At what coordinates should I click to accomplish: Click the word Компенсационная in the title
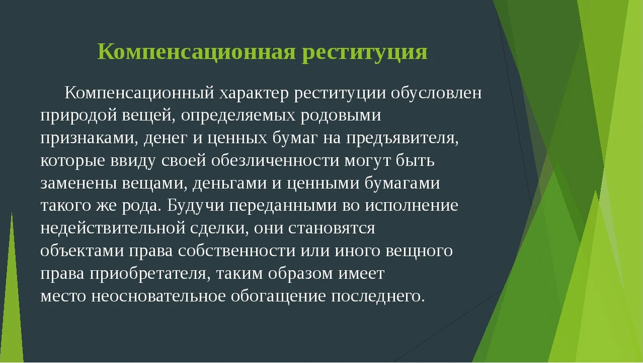pos(197,52)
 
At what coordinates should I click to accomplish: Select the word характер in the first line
pos(254,93)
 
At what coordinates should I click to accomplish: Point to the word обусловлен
pos(436,93)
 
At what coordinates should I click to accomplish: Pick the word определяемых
pos(238,116)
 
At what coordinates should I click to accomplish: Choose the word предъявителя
pos(402,139)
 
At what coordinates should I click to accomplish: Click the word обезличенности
pos(275,161)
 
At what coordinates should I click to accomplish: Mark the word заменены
pos(78,184)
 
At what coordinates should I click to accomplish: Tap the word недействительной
pos(113,229)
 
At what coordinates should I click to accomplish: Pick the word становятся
pos(332,229)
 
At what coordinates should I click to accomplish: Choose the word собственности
pos(236,251)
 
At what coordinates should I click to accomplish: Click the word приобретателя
pos(148,274)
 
